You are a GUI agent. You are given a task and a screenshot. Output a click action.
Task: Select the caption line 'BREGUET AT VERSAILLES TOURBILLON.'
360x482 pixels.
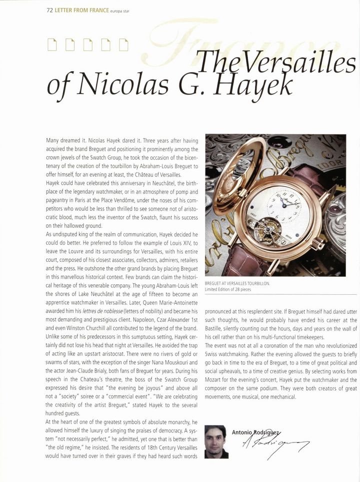(237, 283)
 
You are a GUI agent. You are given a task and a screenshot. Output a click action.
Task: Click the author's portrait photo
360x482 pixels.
(216, 441)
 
